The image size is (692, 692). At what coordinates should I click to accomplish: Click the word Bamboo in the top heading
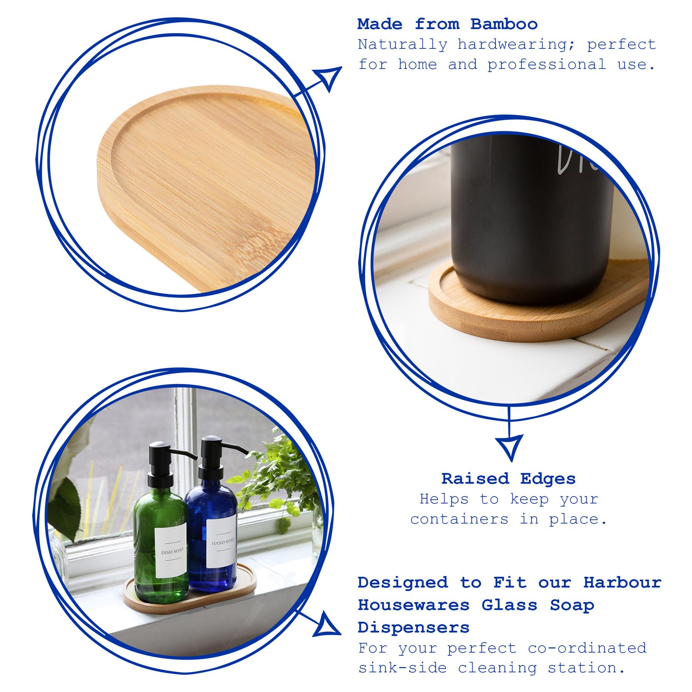[x=504, y=25]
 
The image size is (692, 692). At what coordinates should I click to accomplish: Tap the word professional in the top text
[x=546, y=65]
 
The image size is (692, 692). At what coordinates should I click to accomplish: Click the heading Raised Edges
[x=508, y=479]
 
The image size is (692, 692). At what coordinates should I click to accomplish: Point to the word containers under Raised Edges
[x=459, y=519]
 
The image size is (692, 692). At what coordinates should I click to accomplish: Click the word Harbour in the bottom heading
[x=622, y=582]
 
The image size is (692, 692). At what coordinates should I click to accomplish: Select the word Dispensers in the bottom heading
[x=413, y=628]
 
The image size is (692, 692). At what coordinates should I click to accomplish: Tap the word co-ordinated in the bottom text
[x=587, y=648]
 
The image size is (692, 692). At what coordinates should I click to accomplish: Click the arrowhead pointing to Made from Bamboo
[x=328, y=78]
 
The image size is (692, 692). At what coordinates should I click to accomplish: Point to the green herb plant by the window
[x=277, y=477]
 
